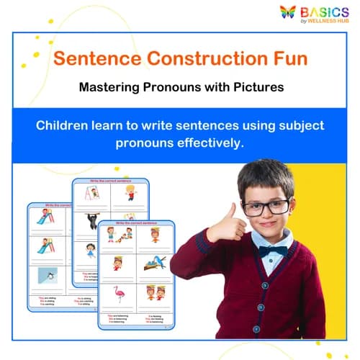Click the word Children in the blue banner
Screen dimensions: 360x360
[66, 126]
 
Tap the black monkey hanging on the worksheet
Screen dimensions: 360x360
[92, 221]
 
